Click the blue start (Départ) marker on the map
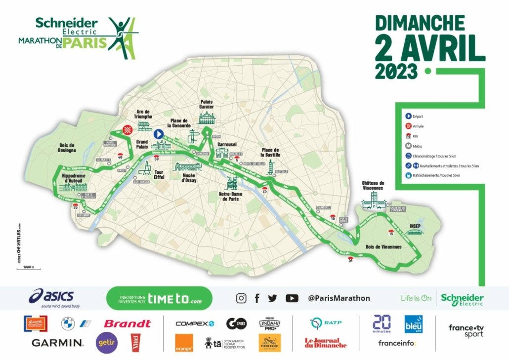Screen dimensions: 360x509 click(158, 133)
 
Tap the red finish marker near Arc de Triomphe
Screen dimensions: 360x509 click(128, 129)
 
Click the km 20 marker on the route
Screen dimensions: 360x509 click(351, 260)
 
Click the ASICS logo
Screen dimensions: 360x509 click(52, 297)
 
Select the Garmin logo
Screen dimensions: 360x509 click(57, 342)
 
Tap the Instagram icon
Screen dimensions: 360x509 click(241, 298)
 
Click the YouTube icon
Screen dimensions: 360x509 click(292, 298)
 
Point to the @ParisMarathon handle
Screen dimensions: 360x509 click(339, 298)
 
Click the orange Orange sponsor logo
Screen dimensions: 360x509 click(184, 343)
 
